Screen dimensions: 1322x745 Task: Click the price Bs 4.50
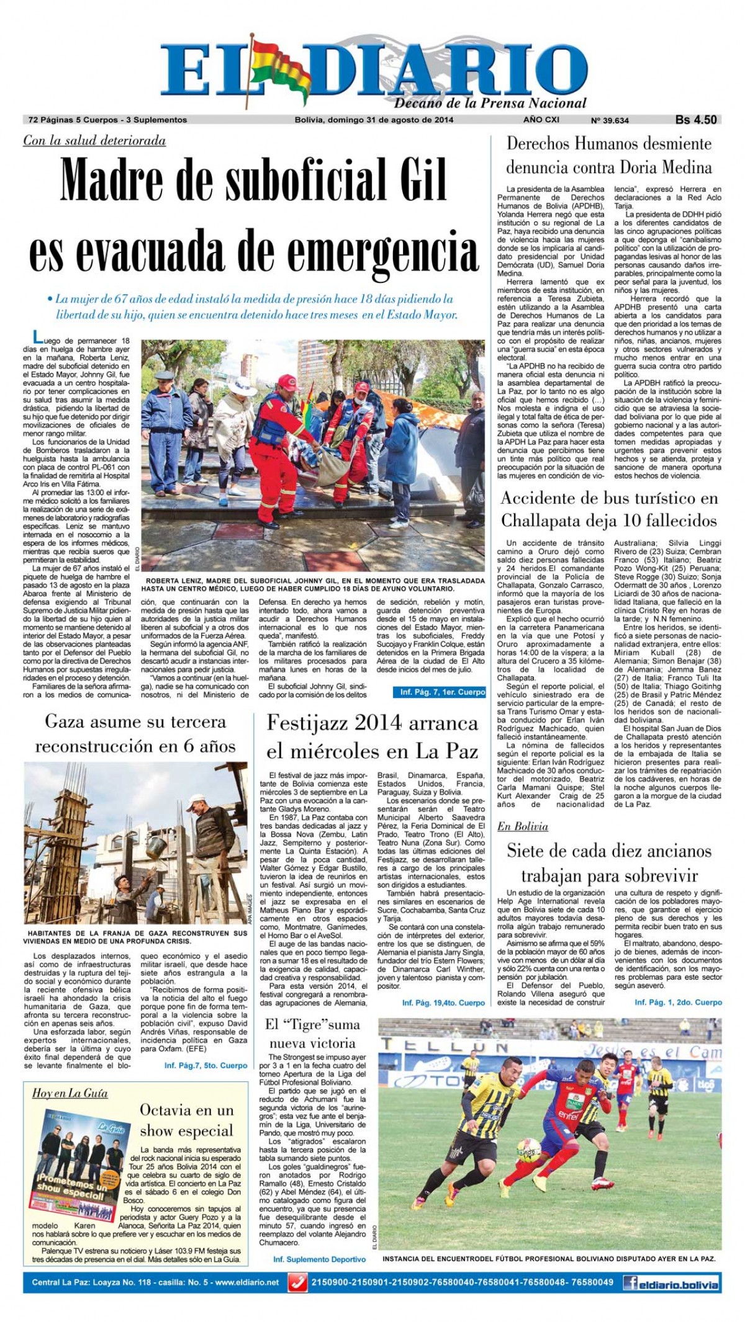pos(696,120)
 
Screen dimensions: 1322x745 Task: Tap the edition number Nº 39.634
pos(610,120)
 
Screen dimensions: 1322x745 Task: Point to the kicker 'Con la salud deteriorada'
pos(94,141)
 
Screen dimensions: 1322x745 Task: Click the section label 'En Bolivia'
pos(523,826)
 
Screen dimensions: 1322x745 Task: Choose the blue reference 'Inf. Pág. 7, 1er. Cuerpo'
pos(443,692)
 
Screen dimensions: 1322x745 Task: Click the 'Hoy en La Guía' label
pos(70,1093)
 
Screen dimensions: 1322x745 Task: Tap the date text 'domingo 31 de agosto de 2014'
pos(390,120)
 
